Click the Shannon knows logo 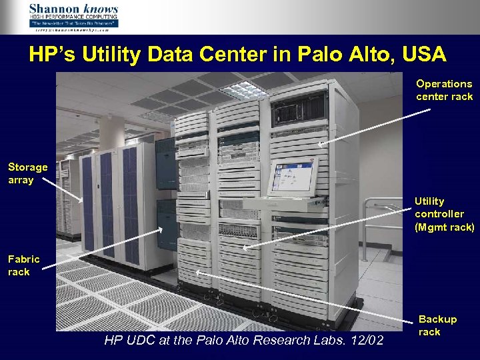coord(73,16)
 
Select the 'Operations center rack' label coord(444,90)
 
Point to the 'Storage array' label coord(27,173)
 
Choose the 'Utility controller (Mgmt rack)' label coord(444,214)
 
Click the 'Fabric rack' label coord(23,265)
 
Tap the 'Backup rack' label coord(437,325)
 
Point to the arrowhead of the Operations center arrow coord(318,145)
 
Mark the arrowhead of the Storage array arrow coord(83,201)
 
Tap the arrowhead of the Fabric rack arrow coord(161,229)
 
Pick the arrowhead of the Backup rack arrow coord(197,272)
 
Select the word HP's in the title coord(50,55)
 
